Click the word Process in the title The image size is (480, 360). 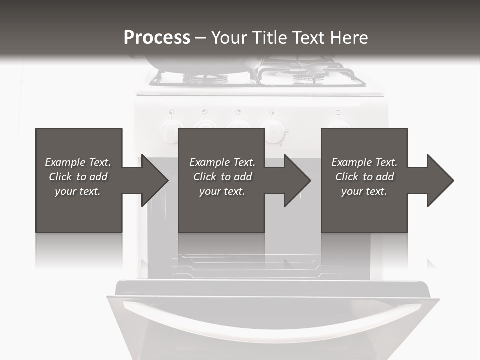coord(157,38)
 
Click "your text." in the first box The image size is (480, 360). coord(78,191)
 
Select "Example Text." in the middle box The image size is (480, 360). coord(222,162)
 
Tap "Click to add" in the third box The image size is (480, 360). coord(365,177)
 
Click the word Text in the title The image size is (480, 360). coord(305,38)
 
